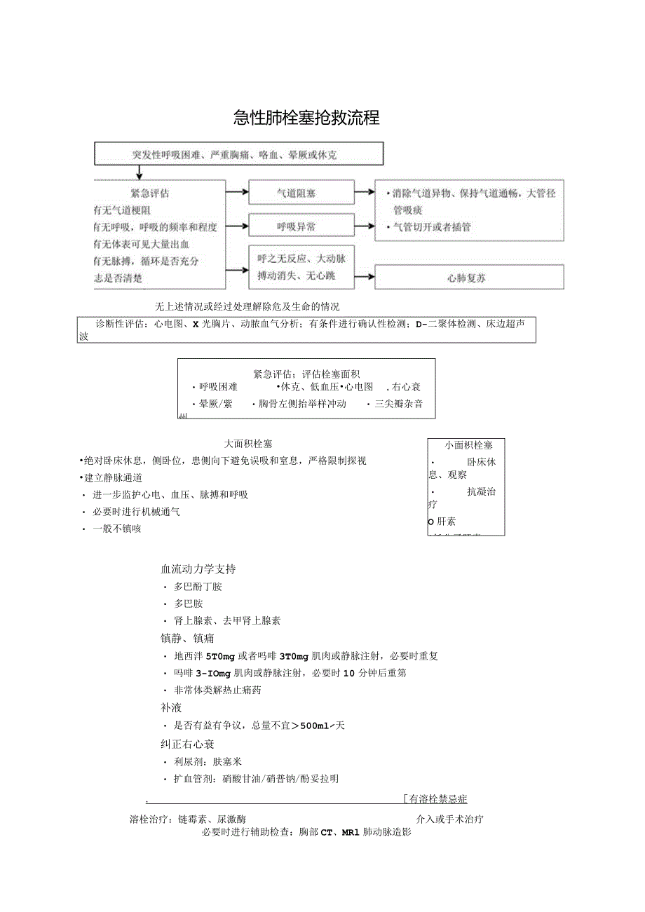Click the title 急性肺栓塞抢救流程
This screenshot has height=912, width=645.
coord(306,118)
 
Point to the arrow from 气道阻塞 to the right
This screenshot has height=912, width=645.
coord(365,191)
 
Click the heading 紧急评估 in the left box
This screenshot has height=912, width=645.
coord(149,193)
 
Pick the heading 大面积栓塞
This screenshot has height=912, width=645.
coord(248,444)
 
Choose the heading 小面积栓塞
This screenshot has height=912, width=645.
coord(468,445)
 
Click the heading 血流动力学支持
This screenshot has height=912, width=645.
coord(198,569)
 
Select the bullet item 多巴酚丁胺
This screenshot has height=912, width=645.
coord(198,587)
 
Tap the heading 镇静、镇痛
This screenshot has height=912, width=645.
coord(188,638)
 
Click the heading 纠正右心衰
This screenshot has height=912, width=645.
coord(188,743)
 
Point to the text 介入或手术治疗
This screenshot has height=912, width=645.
coord(449,819)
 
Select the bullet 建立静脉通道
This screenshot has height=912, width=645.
coord(113,477)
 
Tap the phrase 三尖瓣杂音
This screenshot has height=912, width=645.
coord(399,404)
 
